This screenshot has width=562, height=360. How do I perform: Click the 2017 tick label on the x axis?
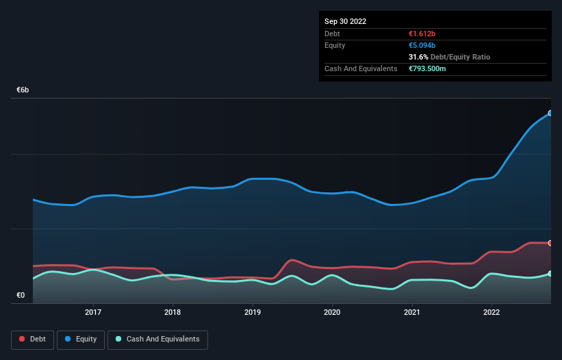93,312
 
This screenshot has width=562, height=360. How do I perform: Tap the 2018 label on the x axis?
173,312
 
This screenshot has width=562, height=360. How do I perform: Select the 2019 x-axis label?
253,312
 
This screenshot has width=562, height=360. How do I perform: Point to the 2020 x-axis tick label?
332,312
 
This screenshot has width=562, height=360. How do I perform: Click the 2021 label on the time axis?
412,312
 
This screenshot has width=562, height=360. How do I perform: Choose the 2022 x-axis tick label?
491,312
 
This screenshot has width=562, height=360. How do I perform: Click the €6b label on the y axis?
23,90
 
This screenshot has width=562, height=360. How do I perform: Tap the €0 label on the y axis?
21,296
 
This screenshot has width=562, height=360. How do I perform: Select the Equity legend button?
81,339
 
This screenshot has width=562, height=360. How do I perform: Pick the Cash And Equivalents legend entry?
157,339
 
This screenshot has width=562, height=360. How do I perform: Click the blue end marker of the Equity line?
550,114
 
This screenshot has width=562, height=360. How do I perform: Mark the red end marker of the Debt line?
550,243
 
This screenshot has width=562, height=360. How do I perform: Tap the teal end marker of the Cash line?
550,274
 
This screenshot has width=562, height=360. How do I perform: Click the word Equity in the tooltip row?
335,45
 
